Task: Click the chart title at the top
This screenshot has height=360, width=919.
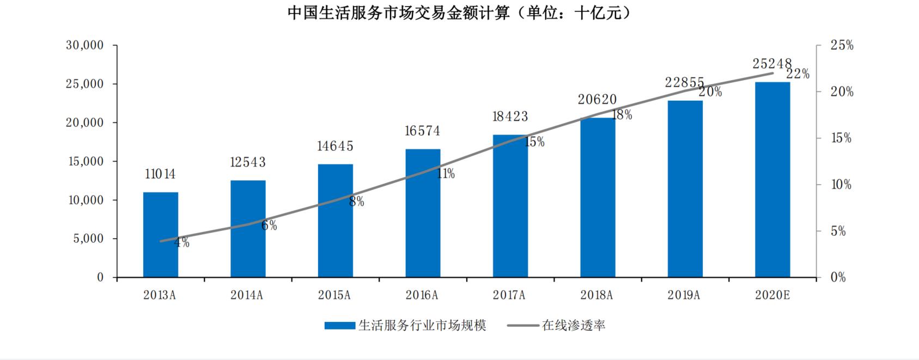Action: (459, 13)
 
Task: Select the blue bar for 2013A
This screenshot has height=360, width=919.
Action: (160, 235)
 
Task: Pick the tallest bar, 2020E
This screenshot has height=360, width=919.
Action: (772, 180)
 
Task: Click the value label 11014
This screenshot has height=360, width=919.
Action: (160, 174)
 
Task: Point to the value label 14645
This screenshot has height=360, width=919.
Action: (335, 146)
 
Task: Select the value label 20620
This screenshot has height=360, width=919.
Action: (598, 99)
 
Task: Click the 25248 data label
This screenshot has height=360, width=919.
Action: (772, 64)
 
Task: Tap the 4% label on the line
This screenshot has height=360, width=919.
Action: (181, 243)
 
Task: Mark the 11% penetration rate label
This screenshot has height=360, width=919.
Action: (446, 174)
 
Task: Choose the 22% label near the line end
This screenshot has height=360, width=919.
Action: (798, 74)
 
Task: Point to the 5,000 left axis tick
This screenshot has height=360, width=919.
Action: (88, 239)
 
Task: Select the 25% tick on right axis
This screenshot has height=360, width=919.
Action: (842, 46)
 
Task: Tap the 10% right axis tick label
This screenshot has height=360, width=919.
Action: (841, 185)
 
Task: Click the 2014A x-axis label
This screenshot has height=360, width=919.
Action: (247, 295)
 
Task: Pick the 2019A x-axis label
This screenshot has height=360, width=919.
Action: (684, 295)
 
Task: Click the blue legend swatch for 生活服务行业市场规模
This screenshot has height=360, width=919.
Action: (339, 326)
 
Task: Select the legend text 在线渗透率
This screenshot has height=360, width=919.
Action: (573, 326)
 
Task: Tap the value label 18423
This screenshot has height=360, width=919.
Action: (510, 116)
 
